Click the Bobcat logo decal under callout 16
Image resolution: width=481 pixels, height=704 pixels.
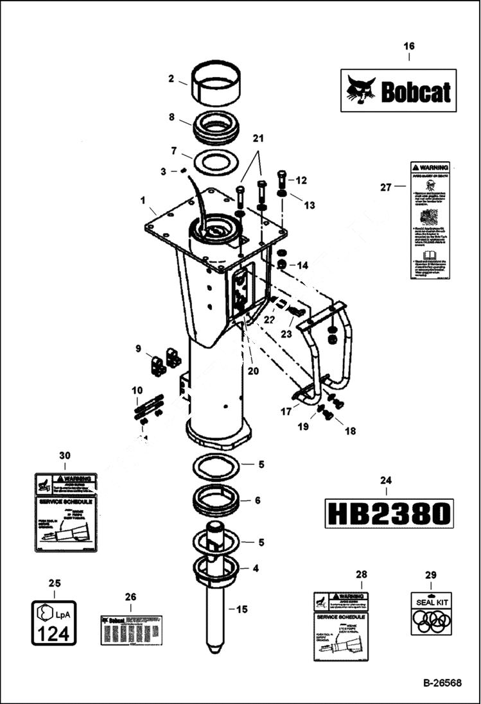coord(398,90)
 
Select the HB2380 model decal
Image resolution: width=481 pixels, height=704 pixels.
coord(389,513)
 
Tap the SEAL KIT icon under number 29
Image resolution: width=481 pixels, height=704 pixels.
coord(430,613)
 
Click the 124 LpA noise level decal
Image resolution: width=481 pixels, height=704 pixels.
coord(54,622)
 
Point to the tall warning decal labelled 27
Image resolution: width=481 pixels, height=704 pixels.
coord(428,220)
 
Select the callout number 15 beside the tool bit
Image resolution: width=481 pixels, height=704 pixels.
coord(242,609)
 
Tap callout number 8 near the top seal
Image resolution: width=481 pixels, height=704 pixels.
coord(171,117)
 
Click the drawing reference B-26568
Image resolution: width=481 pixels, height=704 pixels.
coord(442,683)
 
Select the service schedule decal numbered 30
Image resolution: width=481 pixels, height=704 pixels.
coord(65,512)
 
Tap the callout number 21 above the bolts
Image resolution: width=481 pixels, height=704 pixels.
coord(258,139)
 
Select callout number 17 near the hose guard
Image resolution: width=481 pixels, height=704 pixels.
coord(286,411)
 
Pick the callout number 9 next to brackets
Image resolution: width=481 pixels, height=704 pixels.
coord(137,348)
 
